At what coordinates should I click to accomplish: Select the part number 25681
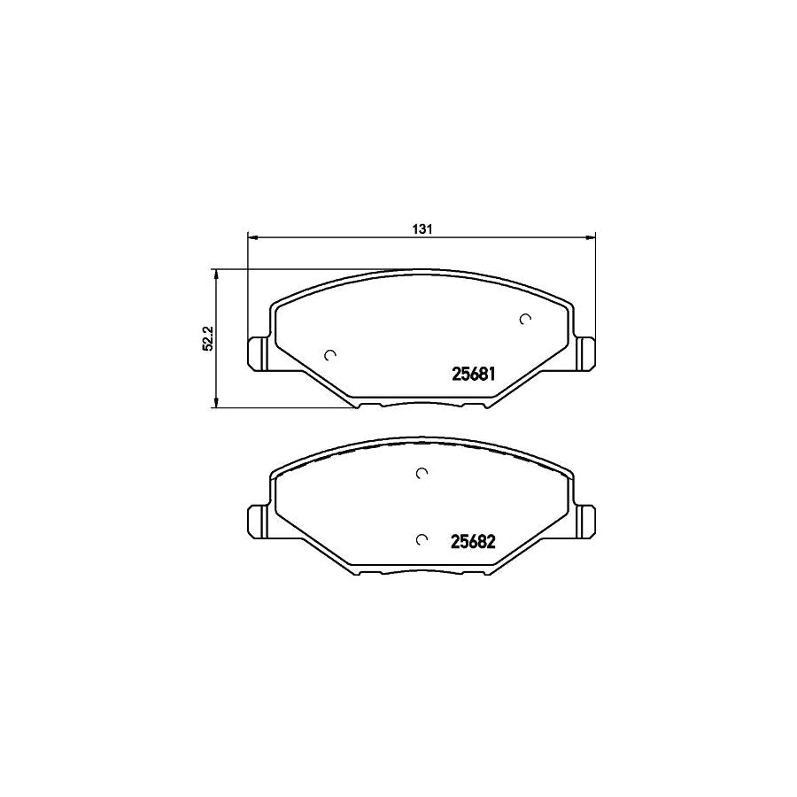466,375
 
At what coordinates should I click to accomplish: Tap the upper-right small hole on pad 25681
525,320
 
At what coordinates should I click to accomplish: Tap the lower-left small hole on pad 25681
330,355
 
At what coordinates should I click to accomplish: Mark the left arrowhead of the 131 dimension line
251,237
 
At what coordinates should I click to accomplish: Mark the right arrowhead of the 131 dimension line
591,237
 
